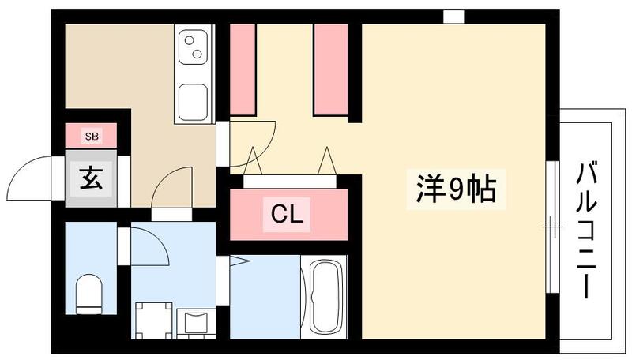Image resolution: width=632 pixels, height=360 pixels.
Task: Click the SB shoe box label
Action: point(92,136)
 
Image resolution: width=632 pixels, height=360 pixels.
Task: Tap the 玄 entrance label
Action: point(90,179)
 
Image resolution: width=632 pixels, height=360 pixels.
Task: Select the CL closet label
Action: point(288,212)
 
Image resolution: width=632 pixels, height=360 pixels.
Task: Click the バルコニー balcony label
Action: point(588,229)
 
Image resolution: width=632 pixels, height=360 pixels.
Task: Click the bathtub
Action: point(324,297)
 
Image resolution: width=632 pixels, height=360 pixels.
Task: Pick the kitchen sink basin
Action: point(193,102)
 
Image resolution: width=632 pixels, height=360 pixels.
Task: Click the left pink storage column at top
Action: point(243,69)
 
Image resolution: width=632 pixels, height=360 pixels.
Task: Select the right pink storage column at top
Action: point(330,69)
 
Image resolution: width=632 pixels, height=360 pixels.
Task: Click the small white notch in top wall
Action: point(453,16)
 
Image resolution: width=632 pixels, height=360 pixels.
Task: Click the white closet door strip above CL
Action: point(288,181)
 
